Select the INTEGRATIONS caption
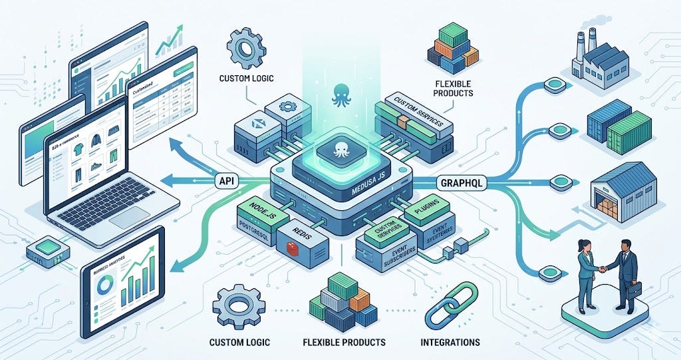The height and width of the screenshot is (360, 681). pyautogui.click(x=450, y=342)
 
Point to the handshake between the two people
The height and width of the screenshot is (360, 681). pyautogui.click(x=603, y=269)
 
